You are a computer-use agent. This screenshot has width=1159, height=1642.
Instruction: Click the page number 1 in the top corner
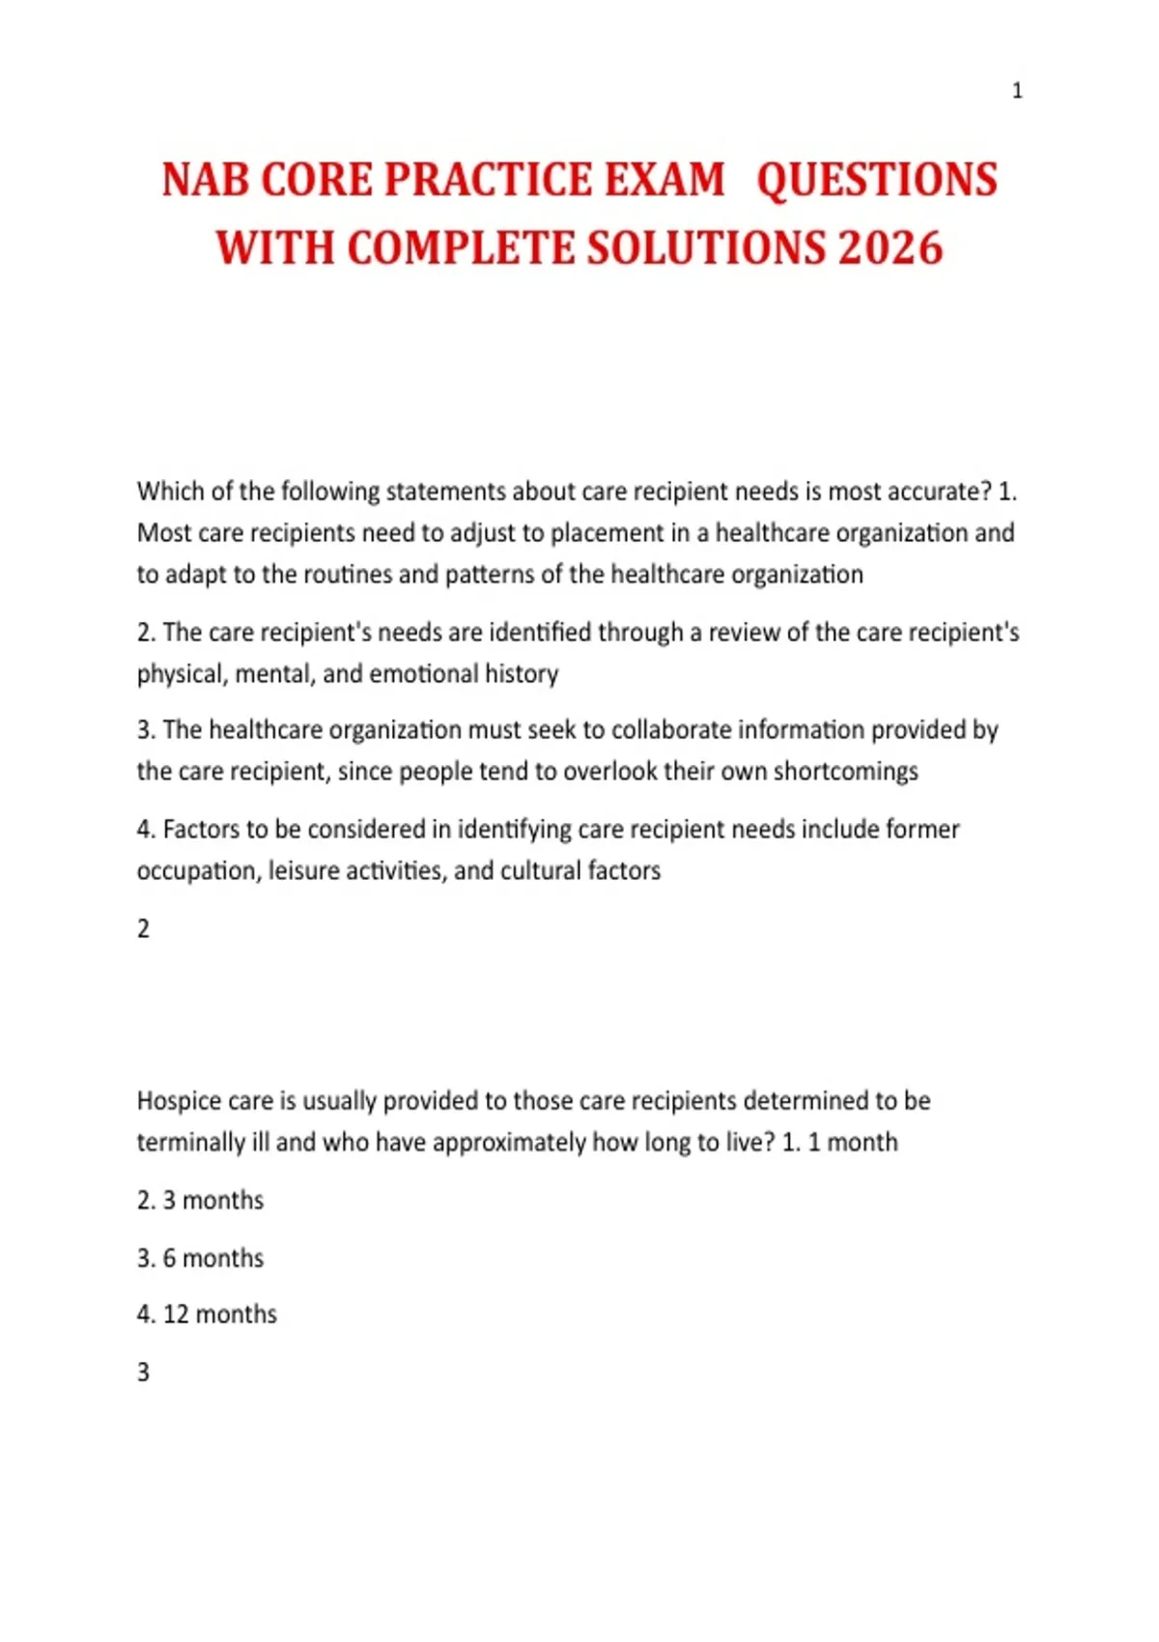pyautogui.click(x=1016, y=91)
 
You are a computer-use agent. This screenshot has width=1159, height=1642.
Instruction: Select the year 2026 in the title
pyautogui.click(x=890, y=248)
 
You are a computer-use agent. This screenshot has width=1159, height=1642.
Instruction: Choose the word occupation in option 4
pyautogui.click(x=197, y=871)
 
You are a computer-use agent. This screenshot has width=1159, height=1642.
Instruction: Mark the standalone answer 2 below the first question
pyautogui.click(x=143, y=929)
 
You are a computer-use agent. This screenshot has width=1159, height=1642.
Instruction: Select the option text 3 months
pyautogui.click(x=212, y=1201)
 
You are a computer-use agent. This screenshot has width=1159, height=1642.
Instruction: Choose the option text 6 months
pyautogui.click(x=212, y=1259)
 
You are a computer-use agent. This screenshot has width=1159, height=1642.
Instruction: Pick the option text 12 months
pyautogui.click(x=219, y=1315)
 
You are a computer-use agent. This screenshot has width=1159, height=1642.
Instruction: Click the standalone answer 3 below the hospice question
pyautogui.click(x=143, y=1373)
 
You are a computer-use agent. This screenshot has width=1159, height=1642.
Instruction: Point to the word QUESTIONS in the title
pyautogui.click(x=876, y=181)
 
